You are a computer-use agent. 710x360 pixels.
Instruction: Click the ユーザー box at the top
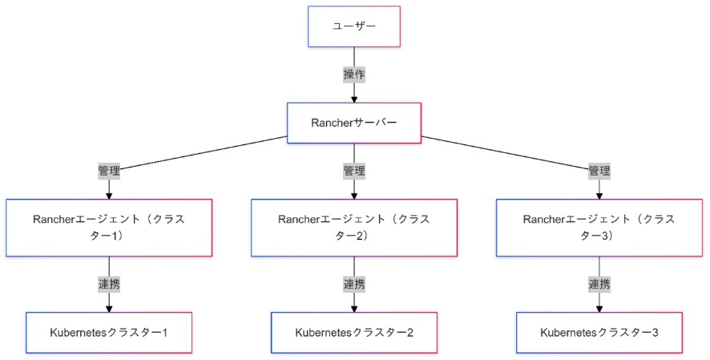click(353, 26)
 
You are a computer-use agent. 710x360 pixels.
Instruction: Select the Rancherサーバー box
click(353, 123)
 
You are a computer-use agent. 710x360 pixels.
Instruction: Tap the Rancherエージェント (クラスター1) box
click(109, 227)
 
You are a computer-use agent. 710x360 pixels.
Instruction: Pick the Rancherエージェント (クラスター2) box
click(353, 227)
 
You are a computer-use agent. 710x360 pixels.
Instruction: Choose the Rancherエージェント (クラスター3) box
click(599, 227)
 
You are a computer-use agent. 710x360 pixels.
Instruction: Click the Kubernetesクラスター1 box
click(109, 332)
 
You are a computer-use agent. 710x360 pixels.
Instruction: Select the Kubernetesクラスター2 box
click(353, 332)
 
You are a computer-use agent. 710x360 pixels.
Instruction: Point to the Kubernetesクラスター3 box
click(599, 332)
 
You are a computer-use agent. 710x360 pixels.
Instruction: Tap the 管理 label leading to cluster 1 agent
click(109, 171)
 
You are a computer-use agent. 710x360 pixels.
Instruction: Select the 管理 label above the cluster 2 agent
click(353, 171)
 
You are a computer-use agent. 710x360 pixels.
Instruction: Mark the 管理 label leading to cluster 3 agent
click(599, 171)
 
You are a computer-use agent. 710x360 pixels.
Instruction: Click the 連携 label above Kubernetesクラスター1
click(109, 284)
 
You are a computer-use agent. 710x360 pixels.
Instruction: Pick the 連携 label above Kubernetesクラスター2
click(353, 284)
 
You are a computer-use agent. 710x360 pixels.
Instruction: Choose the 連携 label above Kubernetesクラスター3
click(599, 284)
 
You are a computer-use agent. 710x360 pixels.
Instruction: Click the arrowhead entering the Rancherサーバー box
click(353, 99)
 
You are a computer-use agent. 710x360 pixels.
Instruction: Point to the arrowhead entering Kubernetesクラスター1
click(109, 307)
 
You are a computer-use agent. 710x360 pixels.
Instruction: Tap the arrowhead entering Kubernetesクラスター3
click(599, 307)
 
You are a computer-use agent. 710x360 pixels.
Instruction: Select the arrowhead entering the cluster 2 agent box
click(353, 194)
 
